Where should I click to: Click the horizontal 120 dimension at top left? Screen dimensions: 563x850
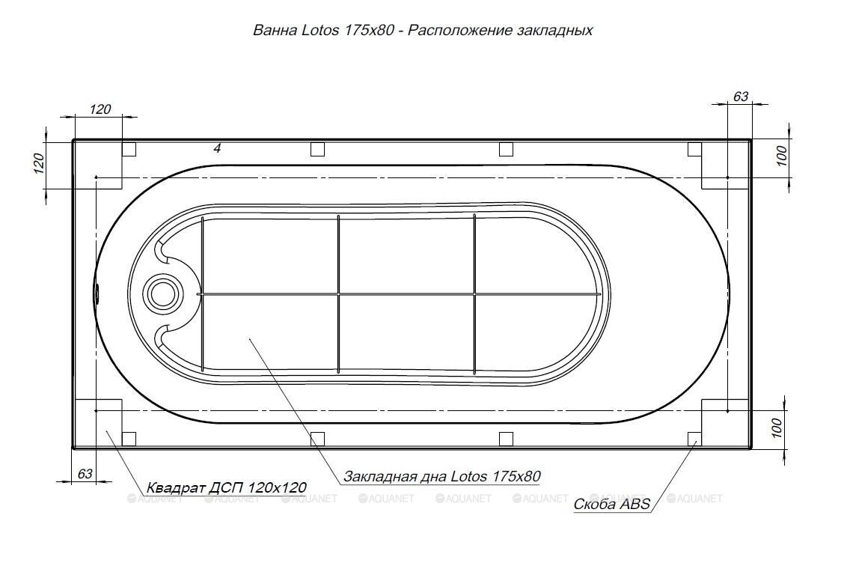click(100, 109)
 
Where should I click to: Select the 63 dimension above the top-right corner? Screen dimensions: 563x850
click(740, 97)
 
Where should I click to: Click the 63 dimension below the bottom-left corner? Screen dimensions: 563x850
click(85, 474)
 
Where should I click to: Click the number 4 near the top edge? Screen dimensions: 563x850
click(217, 149)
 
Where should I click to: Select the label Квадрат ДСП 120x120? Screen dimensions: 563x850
click(226, 488)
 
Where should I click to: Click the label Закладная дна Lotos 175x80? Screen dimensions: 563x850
click(441, 476)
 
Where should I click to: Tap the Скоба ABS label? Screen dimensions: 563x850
click(611, 504)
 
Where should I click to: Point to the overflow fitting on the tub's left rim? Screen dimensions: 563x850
click(97, 293)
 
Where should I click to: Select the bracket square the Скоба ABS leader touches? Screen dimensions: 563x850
click(694, 438)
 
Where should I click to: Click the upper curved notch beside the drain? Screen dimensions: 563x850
click(162, 253)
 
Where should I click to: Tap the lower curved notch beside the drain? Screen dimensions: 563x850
click(162, 335)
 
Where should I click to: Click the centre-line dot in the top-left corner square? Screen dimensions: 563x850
click(97, 177)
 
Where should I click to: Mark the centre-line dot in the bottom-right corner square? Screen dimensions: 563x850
click(727, 410)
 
